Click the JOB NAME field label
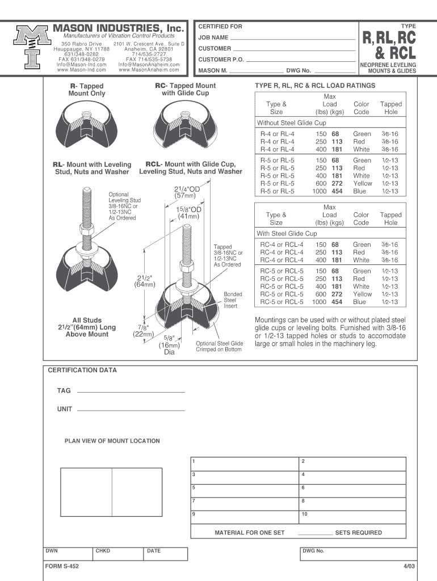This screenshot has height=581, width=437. (213, 37)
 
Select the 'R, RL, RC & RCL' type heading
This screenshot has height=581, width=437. (389, 45)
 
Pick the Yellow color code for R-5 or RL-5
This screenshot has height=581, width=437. (363, 183)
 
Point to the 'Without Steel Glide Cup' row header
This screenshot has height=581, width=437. (292, 123)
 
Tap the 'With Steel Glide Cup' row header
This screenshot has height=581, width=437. (287, 233)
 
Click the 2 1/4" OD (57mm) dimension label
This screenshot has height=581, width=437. (187, 192)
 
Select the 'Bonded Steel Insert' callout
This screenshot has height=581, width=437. (233, 300)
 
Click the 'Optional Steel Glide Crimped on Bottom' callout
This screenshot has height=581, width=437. (219, 346)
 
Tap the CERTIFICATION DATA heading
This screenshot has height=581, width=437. (82, 371)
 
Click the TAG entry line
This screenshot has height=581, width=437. (131, 391)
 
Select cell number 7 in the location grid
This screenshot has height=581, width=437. (245, 501)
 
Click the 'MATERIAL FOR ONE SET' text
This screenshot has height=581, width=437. (249, 533)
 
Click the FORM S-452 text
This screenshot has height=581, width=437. (62, 566)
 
